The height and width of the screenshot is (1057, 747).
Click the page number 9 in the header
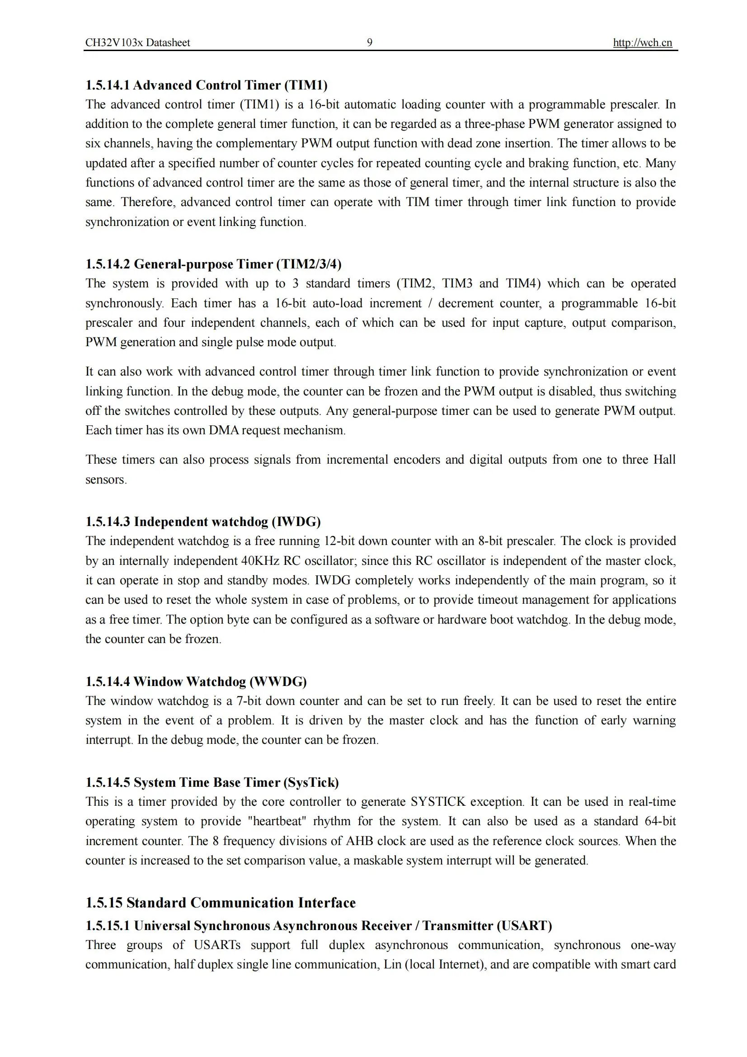click(x=369, y=43)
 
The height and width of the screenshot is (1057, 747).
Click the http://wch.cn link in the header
click(x=642, y=43)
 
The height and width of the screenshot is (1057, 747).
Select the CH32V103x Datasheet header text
click(x=137, y=43)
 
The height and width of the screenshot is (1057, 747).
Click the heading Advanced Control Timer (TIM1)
click(x=206, y=85)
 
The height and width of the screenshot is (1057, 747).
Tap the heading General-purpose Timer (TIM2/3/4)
click(x=213, y=264)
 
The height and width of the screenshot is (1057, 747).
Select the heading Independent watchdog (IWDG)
click(x=203, y=521)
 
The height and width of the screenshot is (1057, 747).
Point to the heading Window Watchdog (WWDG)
click(x=196, y=681)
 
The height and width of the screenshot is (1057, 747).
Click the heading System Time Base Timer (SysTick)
click(x=212, y=782)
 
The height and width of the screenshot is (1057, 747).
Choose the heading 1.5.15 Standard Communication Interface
click(x=221, y=902)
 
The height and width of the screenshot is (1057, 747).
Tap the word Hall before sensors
click(x=664, y=460)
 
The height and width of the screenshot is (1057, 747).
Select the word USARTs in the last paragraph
click(x=217, y=945)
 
